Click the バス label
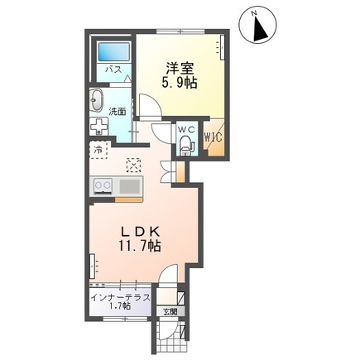tap(112, 70)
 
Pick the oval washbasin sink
tap(96, 100)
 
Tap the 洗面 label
tap(118, 111)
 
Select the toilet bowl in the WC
tap(185, 147)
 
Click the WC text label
tap(186, 130)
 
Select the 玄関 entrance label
tap(169, 311)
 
